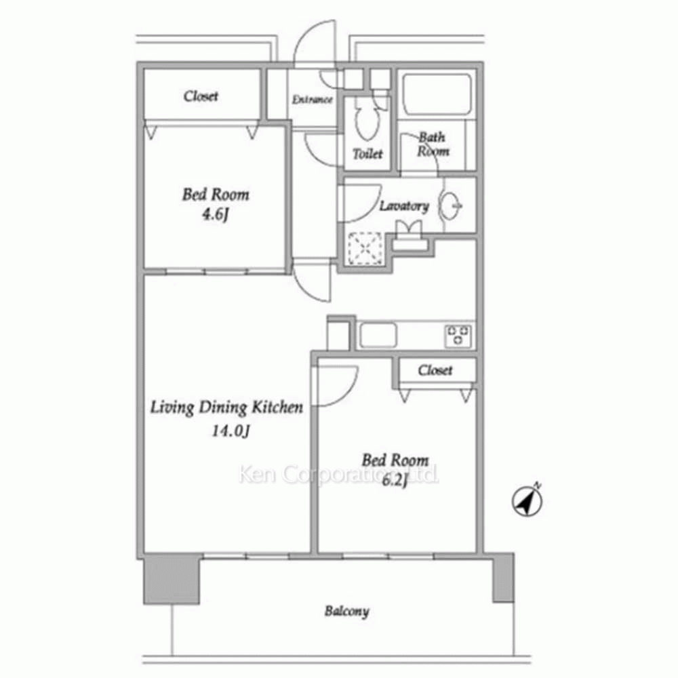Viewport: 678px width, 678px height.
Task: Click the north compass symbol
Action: coord(527,501)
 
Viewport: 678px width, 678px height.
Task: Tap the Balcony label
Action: coord(346,611)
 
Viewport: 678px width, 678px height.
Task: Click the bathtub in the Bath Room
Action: coord(436,95)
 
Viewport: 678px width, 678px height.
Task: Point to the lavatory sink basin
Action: coord(450,205)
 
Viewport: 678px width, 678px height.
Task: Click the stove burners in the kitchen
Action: coord(458,336)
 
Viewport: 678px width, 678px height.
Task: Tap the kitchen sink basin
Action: coord(378,335)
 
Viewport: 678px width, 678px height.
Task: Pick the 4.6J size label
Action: coord(215,214)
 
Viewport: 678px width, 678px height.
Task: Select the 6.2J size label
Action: coord(395,481)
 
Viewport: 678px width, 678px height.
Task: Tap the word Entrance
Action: coord(312,100)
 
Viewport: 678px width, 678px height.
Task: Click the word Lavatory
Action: coord(404,206)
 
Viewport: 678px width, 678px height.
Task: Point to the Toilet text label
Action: coord(367,153)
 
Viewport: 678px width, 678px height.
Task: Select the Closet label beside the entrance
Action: coord(201,96)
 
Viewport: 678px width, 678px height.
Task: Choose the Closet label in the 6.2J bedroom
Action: coord(435,370)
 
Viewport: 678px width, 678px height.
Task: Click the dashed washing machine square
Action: coord(366,249)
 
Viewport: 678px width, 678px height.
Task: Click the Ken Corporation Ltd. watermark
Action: coord(339,474)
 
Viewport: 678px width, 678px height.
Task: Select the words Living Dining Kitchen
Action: coord(226,407)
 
